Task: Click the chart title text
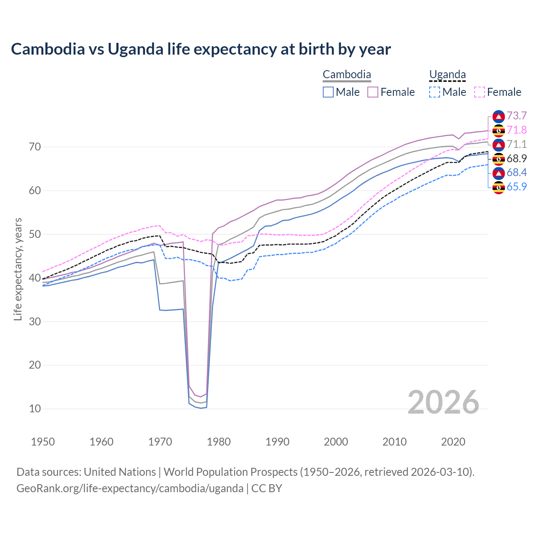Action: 201,49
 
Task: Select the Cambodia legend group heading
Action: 347,75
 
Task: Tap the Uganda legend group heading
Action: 447,75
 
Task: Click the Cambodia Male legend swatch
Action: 328,92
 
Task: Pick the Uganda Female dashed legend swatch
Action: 480,92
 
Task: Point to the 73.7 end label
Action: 517,116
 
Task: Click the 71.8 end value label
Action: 517,130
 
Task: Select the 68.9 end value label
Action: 517,158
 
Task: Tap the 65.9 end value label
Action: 517,187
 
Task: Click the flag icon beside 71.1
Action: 498,145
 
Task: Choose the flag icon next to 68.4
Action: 498,173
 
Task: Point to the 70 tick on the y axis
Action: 35,147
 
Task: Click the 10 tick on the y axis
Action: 35,409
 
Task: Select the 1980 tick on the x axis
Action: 219,442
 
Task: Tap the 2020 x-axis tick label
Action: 453,442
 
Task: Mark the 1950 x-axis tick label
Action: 43,442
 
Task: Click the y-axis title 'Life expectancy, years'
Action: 18,269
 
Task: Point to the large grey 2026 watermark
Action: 443,402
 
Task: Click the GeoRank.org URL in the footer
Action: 130,488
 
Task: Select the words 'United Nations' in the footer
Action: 120,472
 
